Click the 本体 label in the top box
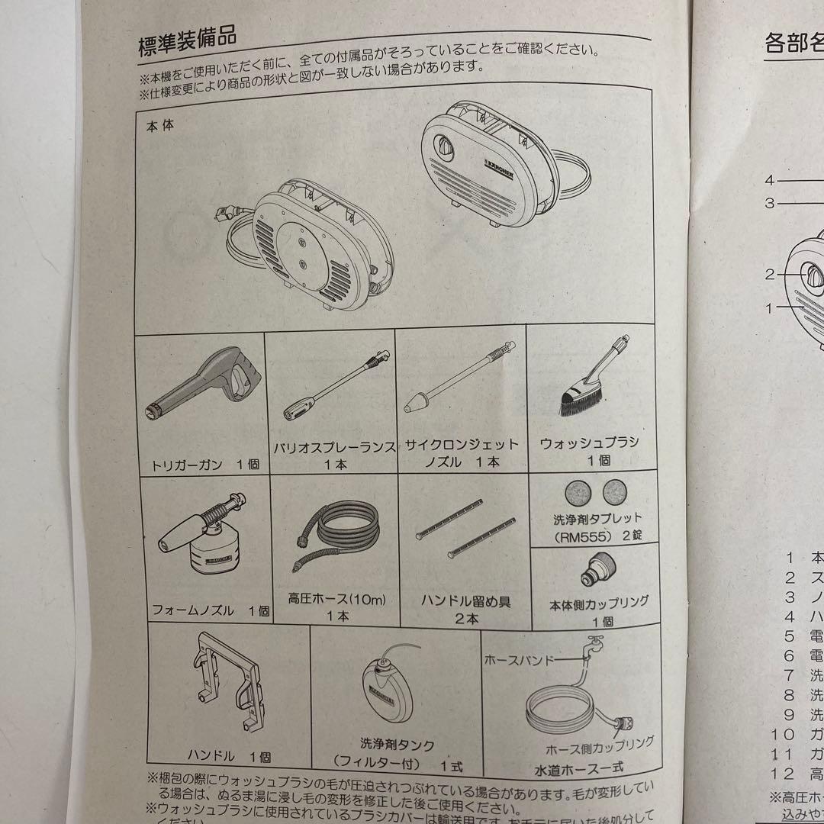pyautogui.click(x=159, y=125)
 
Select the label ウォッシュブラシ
pyautogui.click(x=588, y=443)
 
